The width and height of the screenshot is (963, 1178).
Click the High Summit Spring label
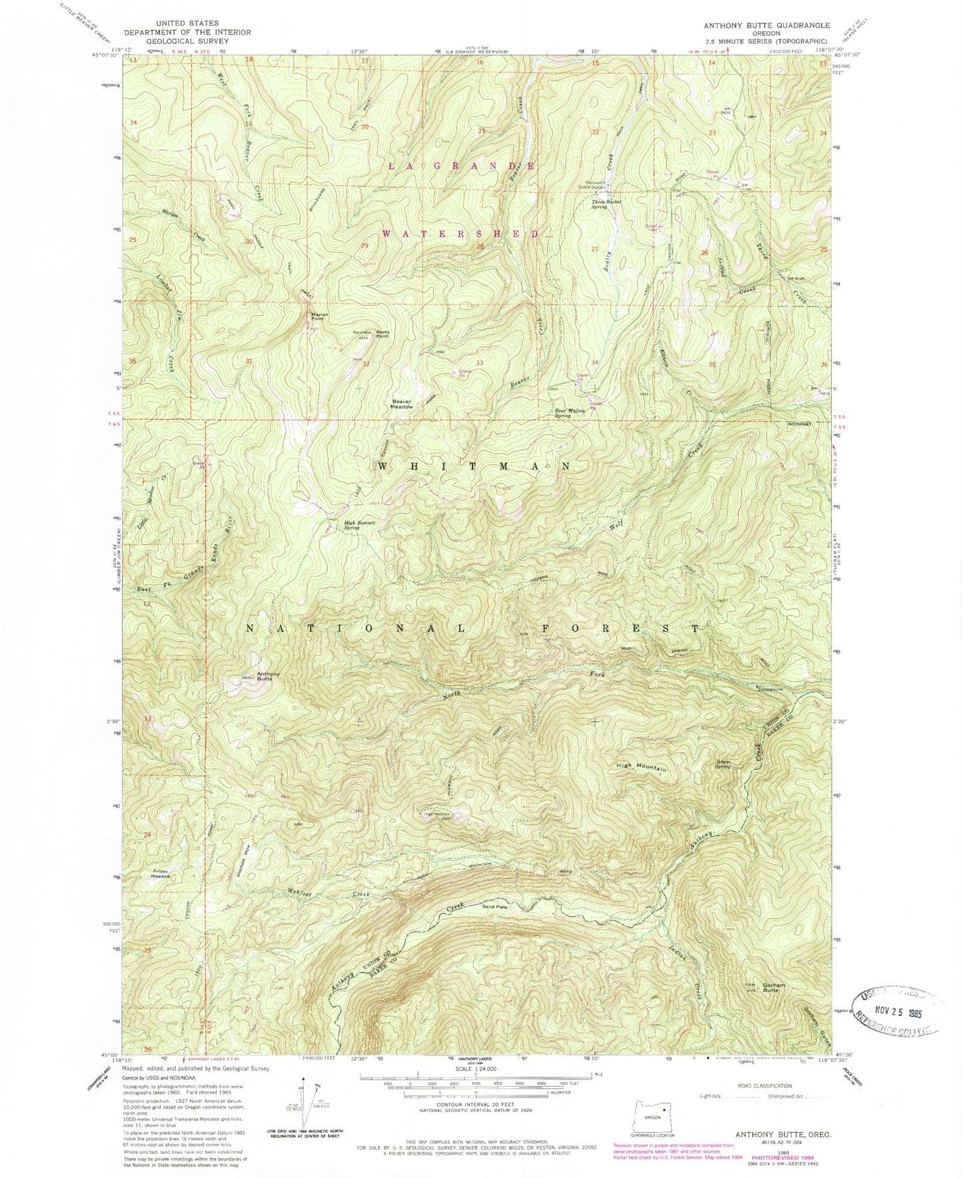[360, 524]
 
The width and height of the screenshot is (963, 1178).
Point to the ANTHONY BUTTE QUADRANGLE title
[766, 25]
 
